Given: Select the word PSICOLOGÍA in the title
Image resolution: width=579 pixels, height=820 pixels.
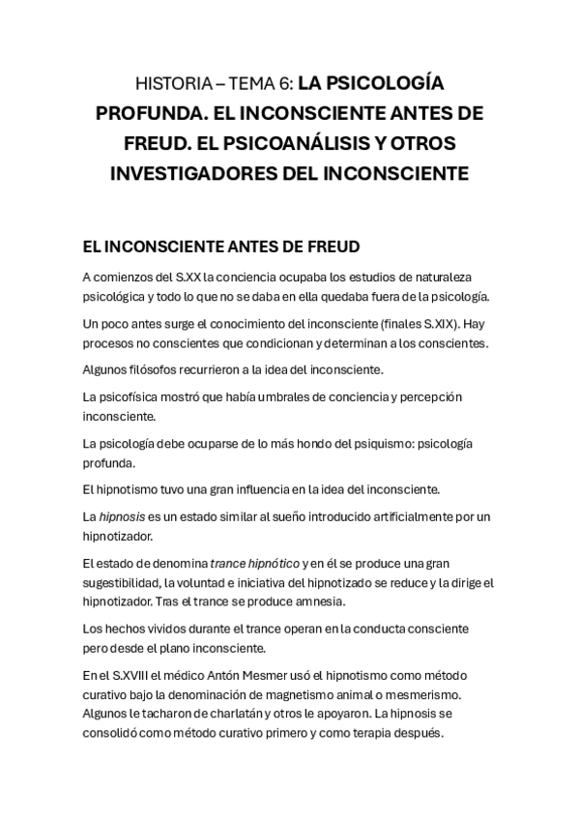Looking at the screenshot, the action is tap(382, 83).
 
